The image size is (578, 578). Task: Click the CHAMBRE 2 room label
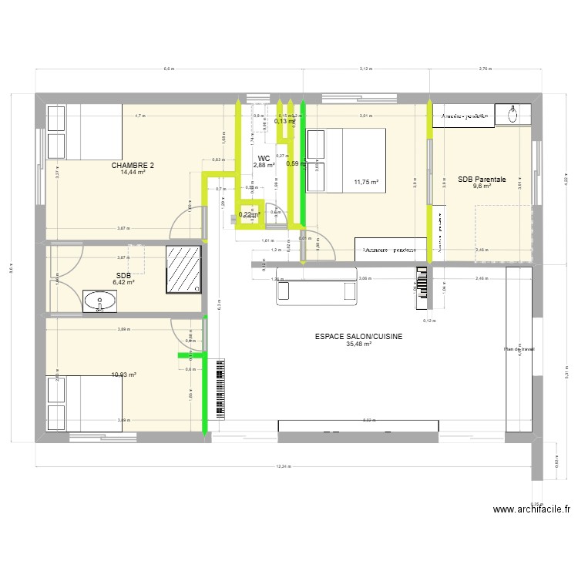133,165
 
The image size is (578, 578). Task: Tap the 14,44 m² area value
133,172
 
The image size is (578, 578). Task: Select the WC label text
264,158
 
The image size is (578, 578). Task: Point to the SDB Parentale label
482,179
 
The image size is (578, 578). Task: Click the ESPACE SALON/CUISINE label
359,337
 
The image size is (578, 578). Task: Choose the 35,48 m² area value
359,344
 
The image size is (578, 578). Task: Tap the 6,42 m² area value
123,283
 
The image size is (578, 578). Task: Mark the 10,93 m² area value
123,375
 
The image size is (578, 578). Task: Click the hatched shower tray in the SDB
184,270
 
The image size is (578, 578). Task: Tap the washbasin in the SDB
99,301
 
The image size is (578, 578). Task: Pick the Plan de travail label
519,349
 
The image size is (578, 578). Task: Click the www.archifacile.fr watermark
532,509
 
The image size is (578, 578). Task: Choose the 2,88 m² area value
264,165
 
